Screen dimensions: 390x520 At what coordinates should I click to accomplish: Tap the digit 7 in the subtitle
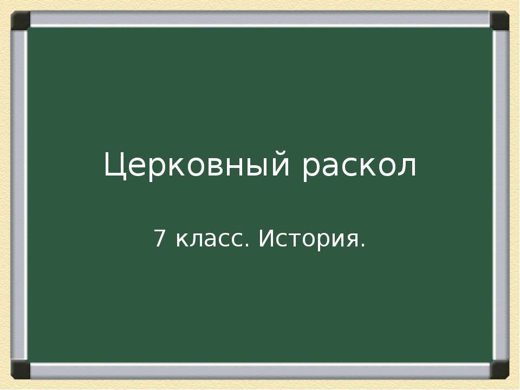(159, 238)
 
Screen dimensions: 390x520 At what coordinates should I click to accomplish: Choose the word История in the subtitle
(308, 239)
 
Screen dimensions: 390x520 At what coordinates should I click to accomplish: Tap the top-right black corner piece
(499, 21)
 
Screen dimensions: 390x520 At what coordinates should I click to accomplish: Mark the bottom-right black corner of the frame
(499, 370)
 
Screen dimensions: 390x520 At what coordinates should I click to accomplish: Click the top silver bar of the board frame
(260, 19)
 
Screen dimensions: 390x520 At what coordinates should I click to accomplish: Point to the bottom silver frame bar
(260, 371)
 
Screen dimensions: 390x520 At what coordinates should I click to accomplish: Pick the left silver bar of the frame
(19, 195)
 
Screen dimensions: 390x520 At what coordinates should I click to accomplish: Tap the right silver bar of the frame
(501, 195)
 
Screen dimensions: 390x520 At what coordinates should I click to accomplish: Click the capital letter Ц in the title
(114, 165)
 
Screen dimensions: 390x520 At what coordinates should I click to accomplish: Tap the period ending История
(362, 246)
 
